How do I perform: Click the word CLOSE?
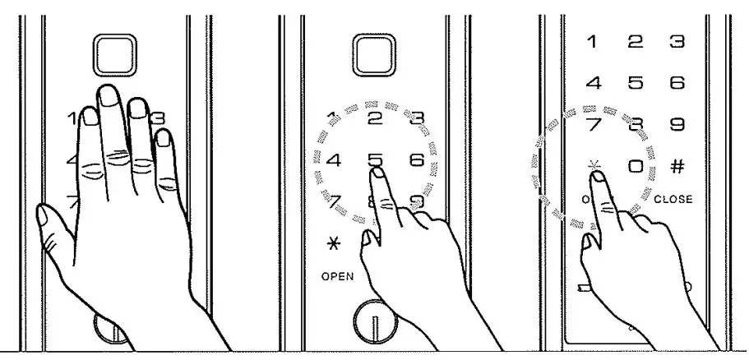(673, 199)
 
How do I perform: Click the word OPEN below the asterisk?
(338, 276)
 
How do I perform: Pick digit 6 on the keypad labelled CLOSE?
(677, 83)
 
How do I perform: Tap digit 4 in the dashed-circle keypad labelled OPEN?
(334, 160)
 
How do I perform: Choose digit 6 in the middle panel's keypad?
(416, 160)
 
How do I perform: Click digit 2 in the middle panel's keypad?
(375, 119)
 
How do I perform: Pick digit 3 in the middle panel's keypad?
(416, 119)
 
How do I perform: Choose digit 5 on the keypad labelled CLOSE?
(635, 83)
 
